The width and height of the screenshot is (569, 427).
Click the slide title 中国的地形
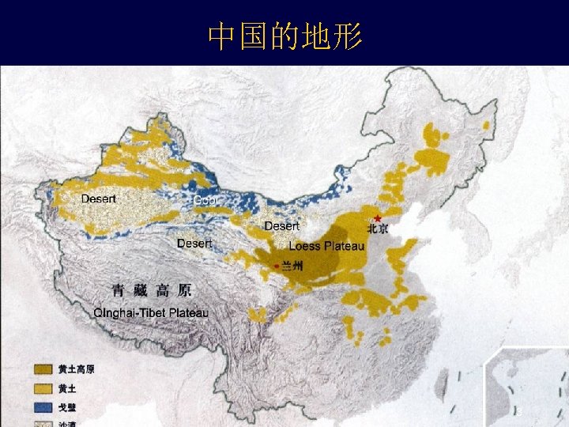[x=284, y=36]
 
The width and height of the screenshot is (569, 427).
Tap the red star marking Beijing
[x=378, y=218]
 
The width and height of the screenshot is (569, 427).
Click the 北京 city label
[x=378, y=229]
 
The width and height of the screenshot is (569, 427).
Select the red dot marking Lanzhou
[x=276, y=266]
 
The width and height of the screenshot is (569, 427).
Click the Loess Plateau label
[x=326, y=246]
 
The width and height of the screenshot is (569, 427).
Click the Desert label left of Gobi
[x=99, y=199]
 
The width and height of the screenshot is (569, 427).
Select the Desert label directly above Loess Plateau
[x=281, y=227]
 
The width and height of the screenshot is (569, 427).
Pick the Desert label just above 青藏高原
[x=194, y=244]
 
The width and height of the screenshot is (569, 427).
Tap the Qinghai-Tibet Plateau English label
[x=151, y=313]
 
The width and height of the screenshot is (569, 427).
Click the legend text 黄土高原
[x=76, y=369]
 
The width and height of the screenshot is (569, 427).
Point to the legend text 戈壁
[x=66, y=407]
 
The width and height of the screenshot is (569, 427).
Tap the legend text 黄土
[x=66, y=388]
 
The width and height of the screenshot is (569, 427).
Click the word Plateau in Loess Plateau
[x=344, y=246]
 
